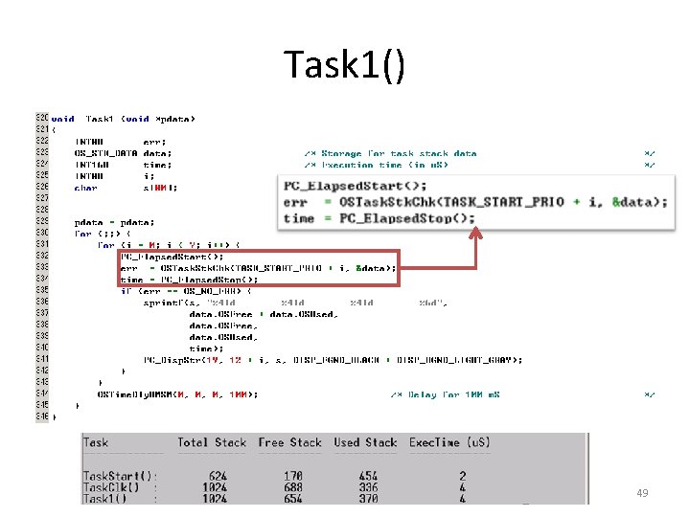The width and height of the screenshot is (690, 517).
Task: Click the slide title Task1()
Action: click(345, 65)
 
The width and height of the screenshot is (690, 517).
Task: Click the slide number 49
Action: click(643, 492)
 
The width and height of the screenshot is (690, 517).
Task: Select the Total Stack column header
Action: click(212, 442)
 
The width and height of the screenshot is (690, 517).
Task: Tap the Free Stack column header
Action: click(289, 442)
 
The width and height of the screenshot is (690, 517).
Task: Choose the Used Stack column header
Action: click(365, 442)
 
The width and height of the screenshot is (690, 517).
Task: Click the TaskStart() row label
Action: click(121, 476)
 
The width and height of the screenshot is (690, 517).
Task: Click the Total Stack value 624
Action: click(218, 476)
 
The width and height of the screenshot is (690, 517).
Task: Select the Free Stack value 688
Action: click(293, 487)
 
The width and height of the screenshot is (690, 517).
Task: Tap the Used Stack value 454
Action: click(367, 476)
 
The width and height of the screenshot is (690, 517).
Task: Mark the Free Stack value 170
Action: click(293, 476)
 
